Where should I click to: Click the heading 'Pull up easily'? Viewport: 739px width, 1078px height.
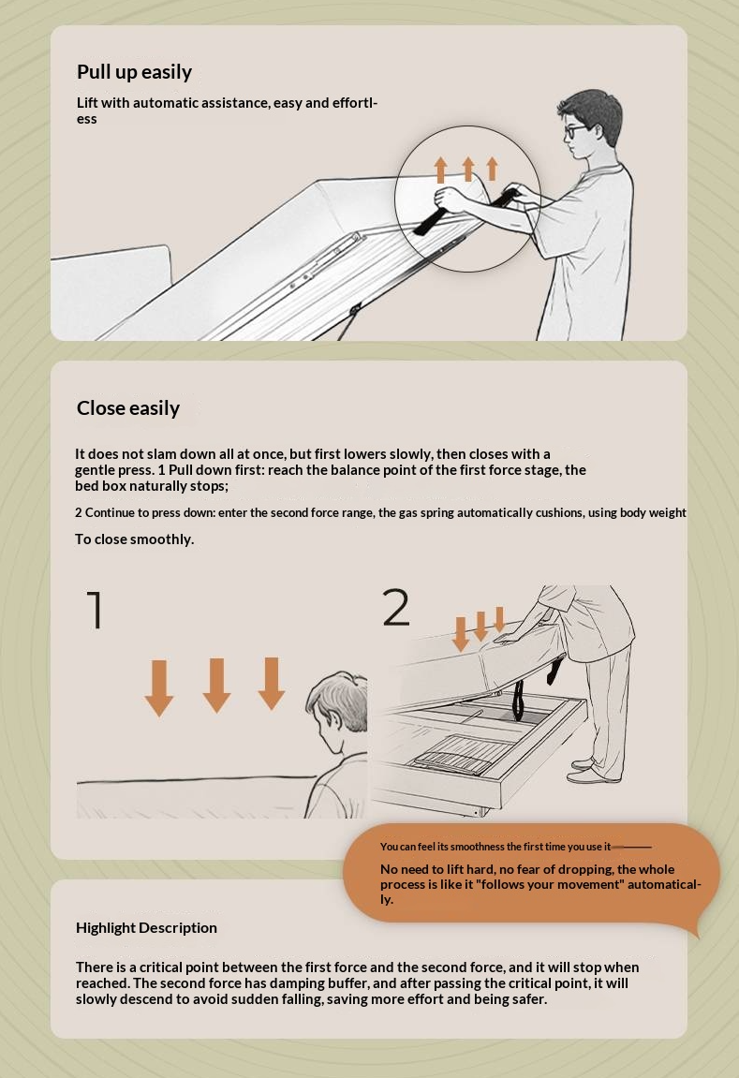(134, 72)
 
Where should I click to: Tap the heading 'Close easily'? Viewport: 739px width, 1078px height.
(128, 408)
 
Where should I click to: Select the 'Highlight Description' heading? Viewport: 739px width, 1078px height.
(146, 928)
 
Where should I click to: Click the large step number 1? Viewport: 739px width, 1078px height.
(96, 609)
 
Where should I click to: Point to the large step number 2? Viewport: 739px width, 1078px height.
(396, 607)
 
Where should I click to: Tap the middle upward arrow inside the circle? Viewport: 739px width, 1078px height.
(468, 169)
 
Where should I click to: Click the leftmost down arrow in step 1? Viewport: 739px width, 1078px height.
(159, 688)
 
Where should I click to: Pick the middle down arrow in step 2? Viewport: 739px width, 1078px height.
(481, 626)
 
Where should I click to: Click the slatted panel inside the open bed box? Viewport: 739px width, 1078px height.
(457, 754)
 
